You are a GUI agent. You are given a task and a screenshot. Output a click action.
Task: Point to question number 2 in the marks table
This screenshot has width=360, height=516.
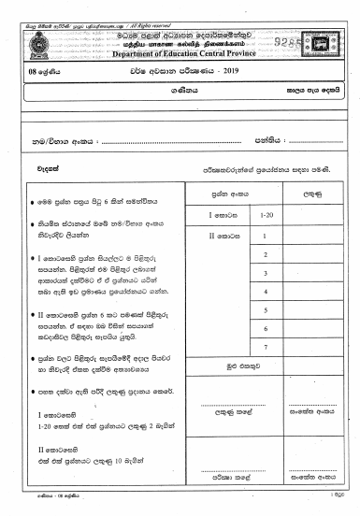266,255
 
